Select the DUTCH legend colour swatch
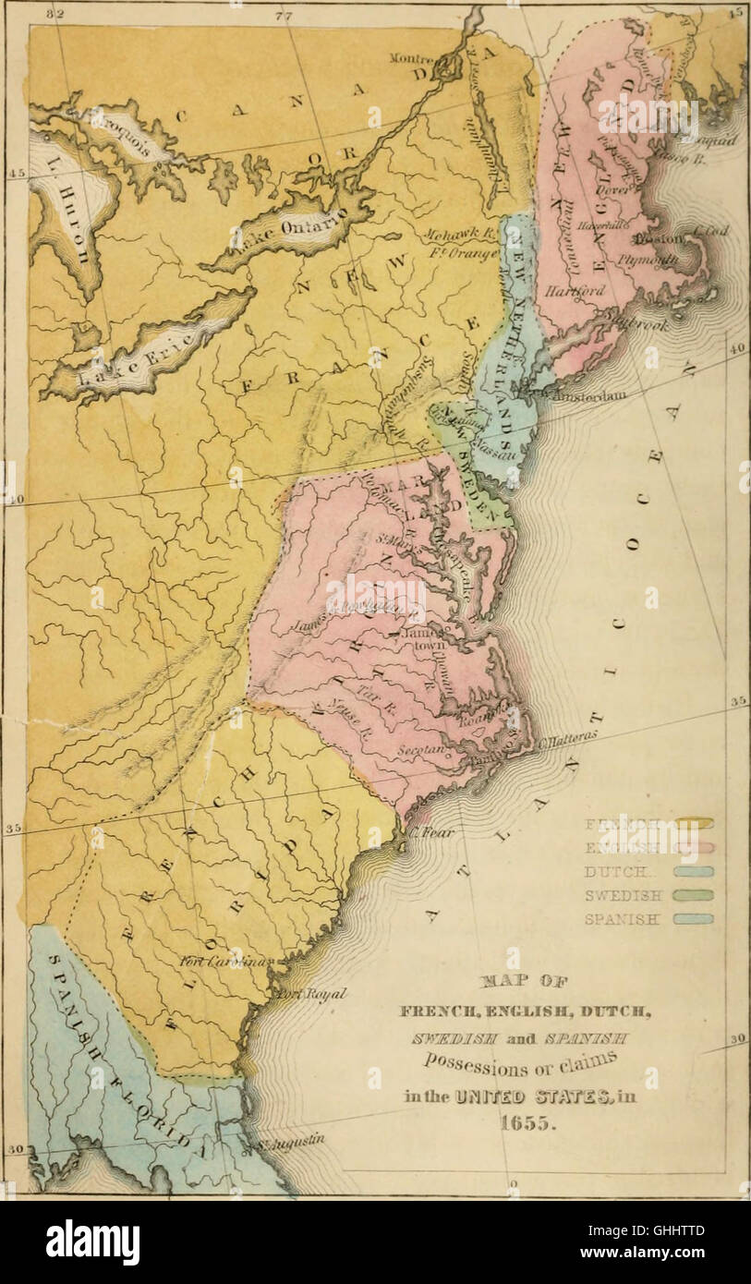(x=693, y=871)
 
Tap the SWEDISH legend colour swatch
(x=693, y=894)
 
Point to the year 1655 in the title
(x=513, y=1124)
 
